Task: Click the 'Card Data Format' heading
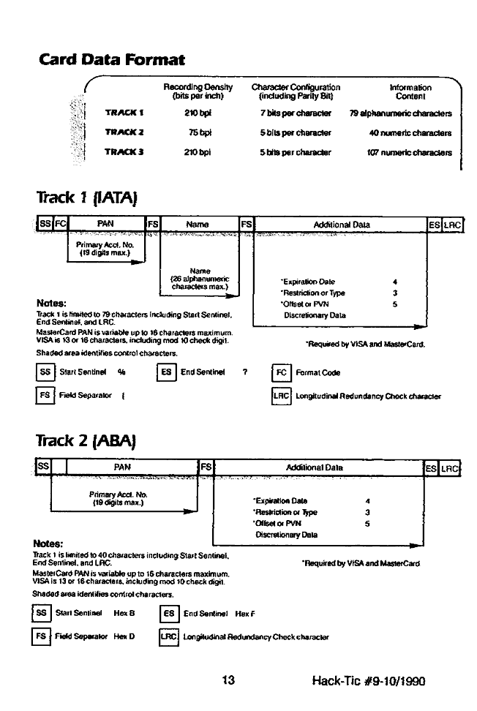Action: pos(112,59)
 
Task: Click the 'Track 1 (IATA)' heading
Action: pos(87,197)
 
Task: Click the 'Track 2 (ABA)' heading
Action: pos(87,441)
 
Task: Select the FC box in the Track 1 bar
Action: pos(61,225)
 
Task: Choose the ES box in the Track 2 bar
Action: pos(432,467)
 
